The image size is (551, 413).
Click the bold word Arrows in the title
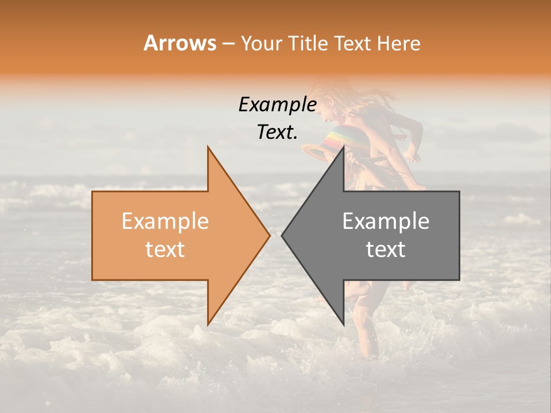180,43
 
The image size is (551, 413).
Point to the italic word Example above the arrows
277,104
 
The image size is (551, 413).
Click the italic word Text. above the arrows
277,132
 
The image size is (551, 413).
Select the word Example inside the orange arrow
165,221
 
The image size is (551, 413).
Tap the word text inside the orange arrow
165,249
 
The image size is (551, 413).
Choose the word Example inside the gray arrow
386,221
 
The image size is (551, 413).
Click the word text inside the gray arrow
386,249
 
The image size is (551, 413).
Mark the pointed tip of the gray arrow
282,235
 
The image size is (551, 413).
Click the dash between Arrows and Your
228,44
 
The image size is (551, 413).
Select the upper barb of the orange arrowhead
209,150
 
